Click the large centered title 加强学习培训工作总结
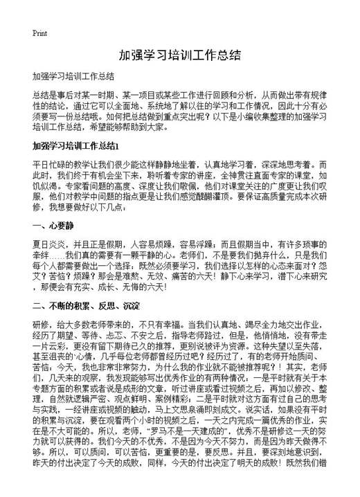point(179,55)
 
